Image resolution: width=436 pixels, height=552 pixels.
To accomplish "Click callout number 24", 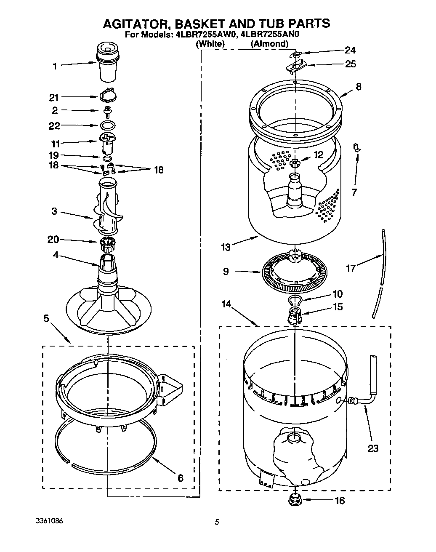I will (x=350, y=51).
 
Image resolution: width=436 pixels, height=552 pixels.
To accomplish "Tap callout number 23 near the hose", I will (x=373, y=448).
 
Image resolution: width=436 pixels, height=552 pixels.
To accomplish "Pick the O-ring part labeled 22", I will (x=108, y=125).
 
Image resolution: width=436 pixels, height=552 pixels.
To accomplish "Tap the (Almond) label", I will (x=269, y=43).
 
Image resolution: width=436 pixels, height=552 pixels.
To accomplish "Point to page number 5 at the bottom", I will (x=217, y=523).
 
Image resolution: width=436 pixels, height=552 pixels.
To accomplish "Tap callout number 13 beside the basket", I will (x=226, y=247).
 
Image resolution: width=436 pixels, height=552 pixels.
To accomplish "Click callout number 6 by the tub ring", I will (x=180, y=477).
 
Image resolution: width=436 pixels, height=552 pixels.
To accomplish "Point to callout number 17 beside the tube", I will (x=351, y=268).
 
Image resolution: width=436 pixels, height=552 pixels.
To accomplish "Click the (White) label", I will (x=210, y=43).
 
